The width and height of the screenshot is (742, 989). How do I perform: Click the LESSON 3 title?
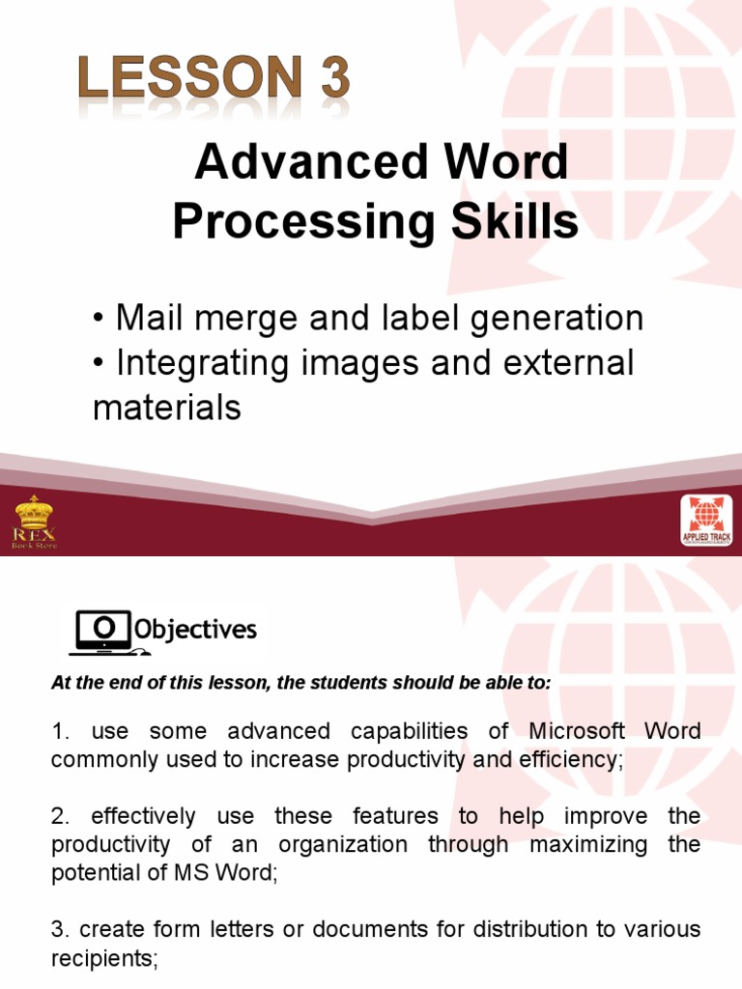coord(214,81)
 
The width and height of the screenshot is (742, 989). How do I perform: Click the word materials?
coord(166,408)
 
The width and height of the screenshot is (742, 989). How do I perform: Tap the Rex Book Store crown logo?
coord(33,522)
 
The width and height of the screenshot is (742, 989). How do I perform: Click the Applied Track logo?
coord(706,522)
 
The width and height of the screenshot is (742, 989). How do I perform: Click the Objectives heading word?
coord(195,631)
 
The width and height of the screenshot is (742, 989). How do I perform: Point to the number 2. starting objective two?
coord(60,816)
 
